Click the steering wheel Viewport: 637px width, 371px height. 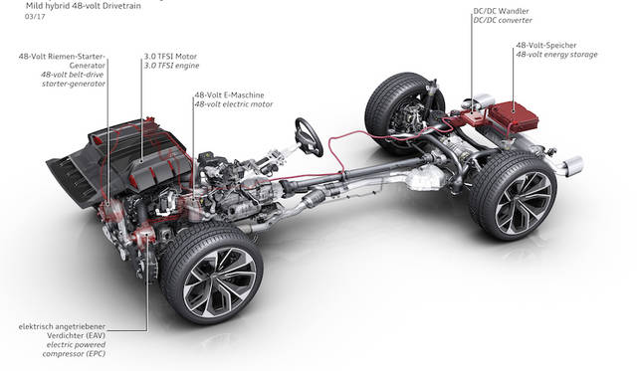click(x=309, y=137)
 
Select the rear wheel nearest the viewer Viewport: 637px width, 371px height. click(x=514, y=197)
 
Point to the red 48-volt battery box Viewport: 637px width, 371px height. click(x=514, y=116)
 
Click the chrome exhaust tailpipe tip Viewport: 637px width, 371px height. click(x=572, y=166)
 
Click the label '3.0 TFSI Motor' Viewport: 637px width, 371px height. click(x=170, y=57)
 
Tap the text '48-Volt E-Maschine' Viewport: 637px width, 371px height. click(x=229, y=94)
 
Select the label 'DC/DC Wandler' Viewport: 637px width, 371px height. click(x=501, y=11)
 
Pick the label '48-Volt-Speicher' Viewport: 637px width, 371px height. click(x=546, y=45)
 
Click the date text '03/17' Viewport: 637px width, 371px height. click(x=35, y=17)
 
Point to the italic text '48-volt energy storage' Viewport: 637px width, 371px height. click(x=556, y=55)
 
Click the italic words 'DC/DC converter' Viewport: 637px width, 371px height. click(x=502, y=20)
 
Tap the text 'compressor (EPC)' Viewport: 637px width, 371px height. click(x=74, y=354)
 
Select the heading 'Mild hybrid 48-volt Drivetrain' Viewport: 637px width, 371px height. click(x=84, y=6)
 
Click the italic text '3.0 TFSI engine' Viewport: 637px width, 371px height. click(x=171, y=66)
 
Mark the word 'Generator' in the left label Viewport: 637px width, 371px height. click(x=87, y=66)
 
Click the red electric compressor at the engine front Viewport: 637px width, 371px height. click(x=143, y=236)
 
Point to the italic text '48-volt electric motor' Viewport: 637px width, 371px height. click(x=234, y=104)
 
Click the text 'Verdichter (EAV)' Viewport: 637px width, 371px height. click(x=76, y=335)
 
